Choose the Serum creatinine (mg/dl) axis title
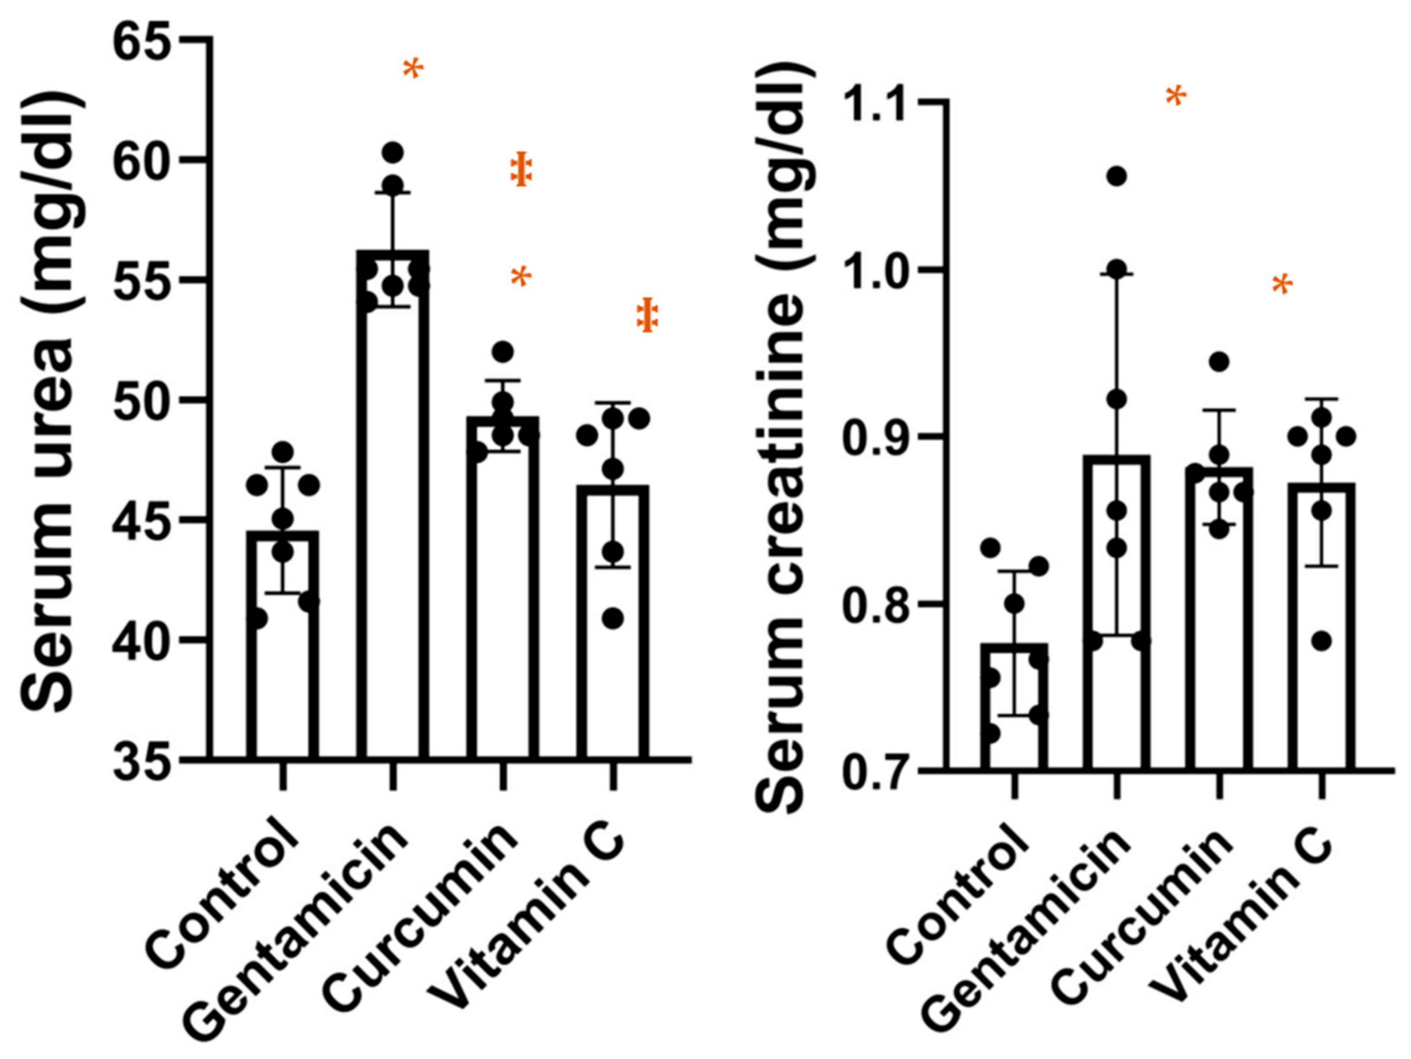pyautogui.click(x=785, y=440)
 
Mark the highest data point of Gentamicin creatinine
pyautogui.click(x=1117, y=177)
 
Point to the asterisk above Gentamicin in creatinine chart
pyautogui.click(x=1176, y=97)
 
